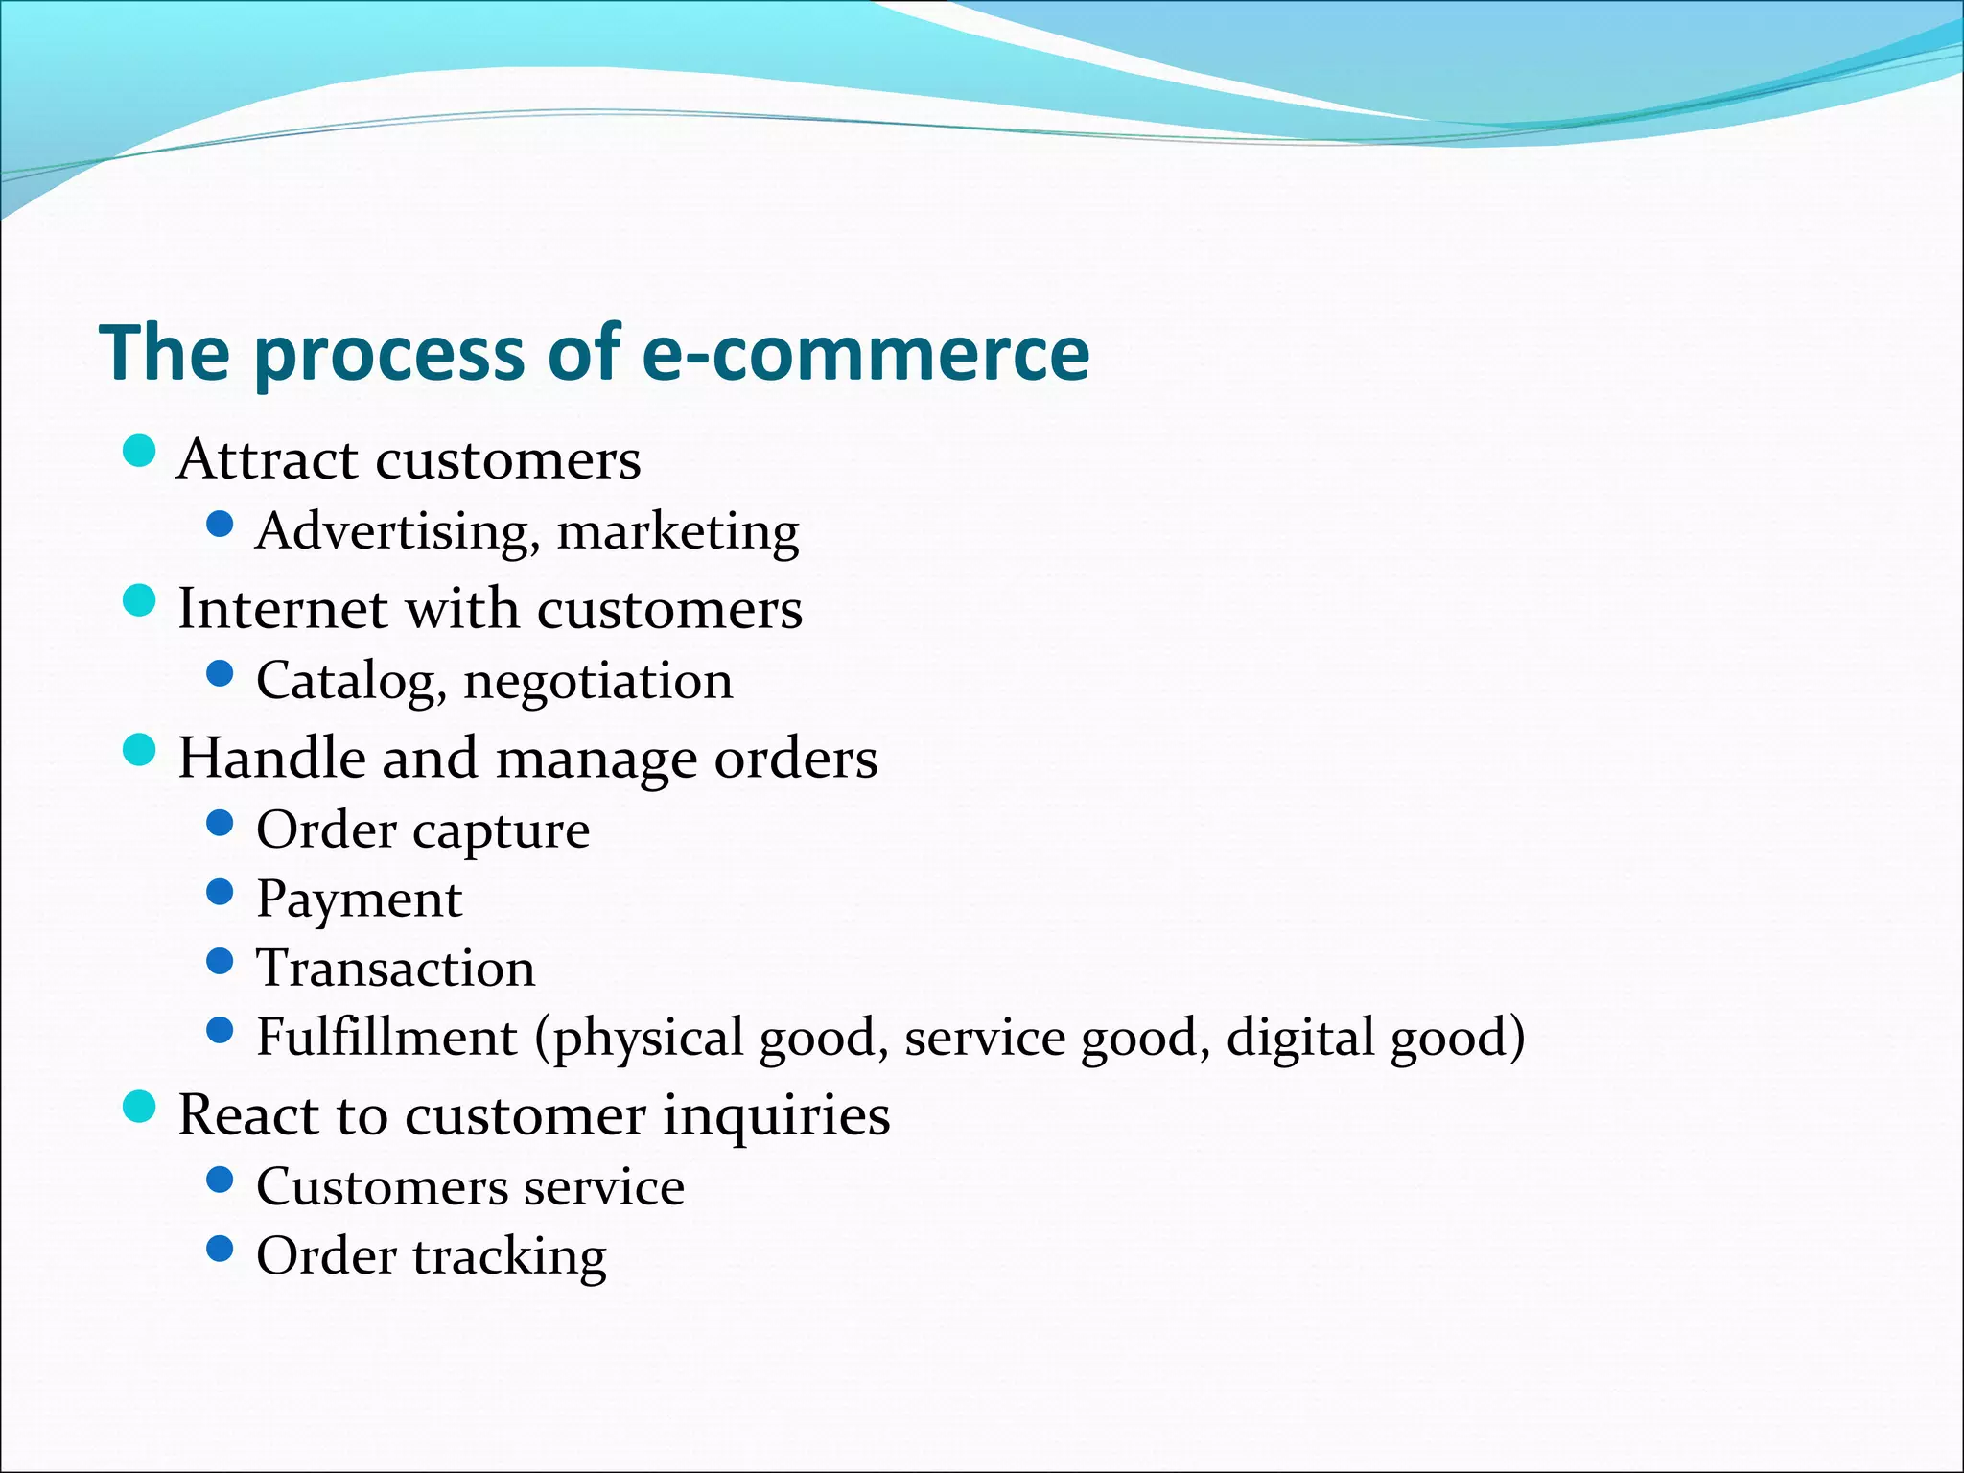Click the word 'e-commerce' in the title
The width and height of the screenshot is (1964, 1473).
864,353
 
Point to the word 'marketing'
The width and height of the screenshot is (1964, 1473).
678,532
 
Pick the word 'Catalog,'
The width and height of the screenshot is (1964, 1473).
351,682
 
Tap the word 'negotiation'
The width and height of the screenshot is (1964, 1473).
598,682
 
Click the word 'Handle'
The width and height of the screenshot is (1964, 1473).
271,758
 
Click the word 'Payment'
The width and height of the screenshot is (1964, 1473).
359,900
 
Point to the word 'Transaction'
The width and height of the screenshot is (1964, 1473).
395,968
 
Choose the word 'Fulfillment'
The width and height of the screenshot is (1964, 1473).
386,1037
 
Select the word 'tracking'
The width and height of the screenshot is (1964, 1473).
509,1257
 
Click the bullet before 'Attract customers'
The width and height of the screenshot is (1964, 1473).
140,451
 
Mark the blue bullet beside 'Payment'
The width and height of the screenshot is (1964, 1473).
221,893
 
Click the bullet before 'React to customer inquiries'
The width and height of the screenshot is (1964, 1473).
140,1108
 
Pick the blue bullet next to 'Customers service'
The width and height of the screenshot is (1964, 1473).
221,1180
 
